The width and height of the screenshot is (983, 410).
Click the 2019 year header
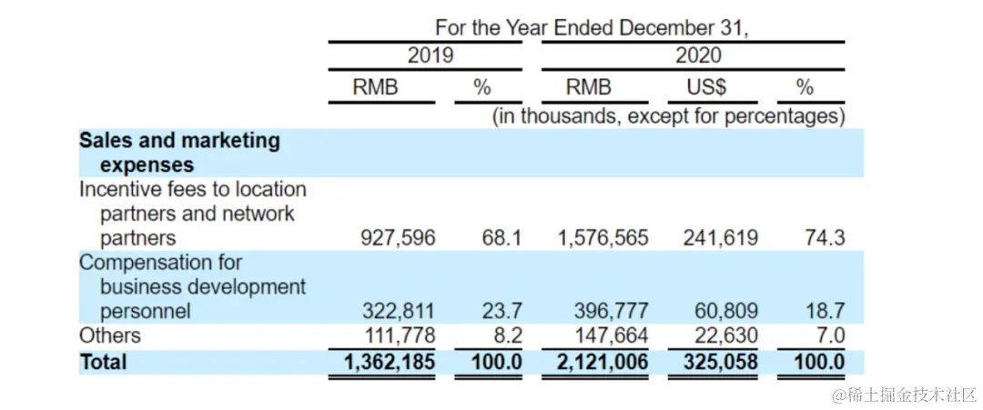(x=430, y=55)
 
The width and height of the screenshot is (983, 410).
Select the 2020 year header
(x=697, y=55)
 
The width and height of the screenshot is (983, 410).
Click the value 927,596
(x=398, y=238)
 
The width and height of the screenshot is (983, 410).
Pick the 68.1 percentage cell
(x=502, y=238)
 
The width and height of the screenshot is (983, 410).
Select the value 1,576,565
(x=602, y=238)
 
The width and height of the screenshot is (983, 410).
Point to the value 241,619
(x=720, y=238)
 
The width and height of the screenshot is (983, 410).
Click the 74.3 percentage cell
(x=825, y=238)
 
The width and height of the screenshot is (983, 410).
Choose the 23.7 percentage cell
(x=502, y=312)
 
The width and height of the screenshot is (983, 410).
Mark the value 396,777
(x=611, y=312)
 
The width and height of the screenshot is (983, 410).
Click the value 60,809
(x=725, y=312)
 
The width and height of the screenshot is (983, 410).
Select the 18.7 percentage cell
(x=825, y=312)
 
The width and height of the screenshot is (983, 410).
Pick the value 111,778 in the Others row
(x=399, y=336)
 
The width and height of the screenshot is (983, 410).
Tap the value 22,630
(x=725, y=336)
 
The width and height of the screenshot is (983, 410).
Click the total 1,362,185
(x=390, y=362)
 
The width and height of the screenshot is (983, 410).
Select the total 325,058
(x=719, y=362)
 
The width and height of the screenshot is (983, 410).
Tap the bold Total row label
(x=103, y=362)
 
